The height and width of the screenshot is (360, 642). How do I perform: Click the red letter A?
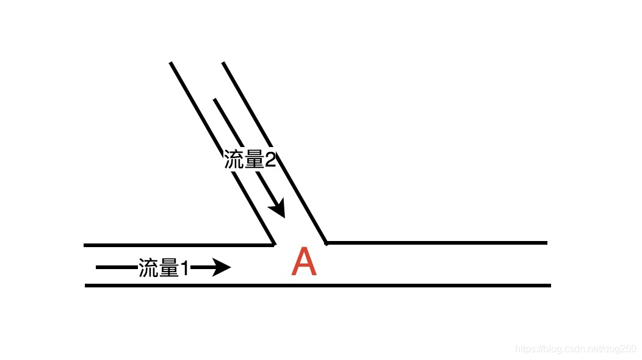[x=304, y=263]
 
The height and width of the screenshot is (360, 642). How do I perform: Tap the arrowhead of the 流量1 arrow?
[x=222, y=267]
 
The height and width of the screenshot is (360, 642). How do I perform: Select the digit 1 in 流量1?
[x=184, y=268]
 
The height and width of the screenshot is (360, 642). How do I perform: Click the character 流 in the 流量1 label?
[x=148, y=268]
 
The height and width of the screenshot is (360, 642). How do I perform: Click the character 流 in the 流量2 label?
[x=234, y=160]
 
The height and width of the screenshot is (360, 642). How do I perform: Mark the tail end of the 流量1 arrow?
[x=97, y=267]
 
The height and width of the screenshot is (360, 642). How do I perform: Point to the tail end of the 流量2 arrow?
[x=214, y=99]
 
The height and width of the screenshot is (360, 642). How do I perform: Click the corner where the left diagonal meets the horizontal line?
[x=273, y=245]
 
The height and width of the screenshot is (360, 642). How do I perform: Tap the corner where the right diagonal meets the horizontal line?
[x=327, y=243]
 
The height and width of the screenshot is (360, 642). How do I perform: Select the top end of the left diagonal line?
[x=171, y=63]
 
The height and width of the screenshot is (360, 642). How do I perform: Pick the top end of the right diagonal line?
[x=223, y=63]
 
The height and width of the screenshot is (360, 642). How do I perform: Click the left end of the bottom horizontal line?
[x=86, y=285]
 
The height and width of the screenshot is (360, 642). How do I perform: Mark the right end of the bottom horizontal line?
[x=550, y=285]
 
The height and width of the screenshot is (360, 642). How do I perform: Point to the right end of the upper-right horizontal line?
[x=546, y=243]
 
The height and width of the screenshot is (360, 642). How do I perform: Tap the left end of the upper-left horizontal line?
[x=85, y=245]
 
